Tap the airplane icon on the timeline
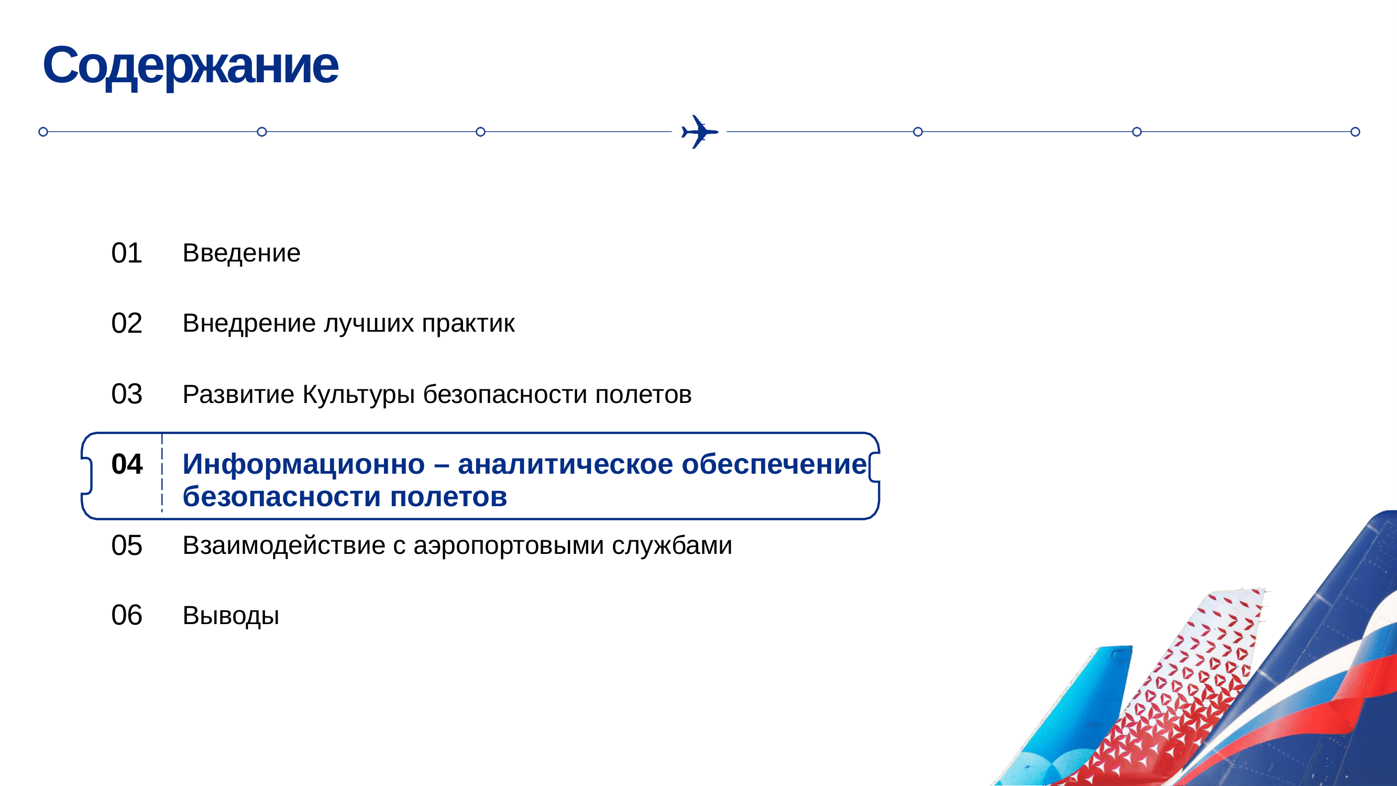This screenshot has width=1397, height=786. [x=700, y=132]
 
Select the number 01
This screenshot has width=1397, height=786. [x=126, y=253]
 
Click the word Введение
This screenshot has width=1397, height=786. [x=241, y=253]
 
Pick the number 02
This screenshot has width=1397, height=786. [x=126, y=323]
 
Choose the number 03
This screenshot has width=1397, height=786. [x=126, y=394]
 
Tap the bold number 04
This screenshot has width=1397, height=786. [x=126, y=464]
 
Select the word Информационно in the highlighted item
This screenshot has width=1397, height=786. [x=303, y=465]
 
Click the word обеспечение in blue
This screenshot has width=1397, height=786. [x=774, y=465]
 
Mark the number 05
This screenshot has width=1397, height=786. [x=126, y=545]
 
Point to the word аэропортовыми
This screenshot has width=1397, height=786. [x=508, y=545]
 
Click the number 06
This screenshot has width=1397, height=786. [x=126, y=615]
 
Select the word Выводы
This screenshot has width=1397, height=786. [x=231, y=616]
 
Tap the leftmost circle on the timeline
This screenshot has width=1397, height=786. [x=43, y=132]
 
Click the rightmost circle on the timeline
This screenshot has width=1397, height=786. [x=1355, y=132]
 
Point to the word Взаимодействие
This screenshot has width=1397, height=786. [x=284, y=545]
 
